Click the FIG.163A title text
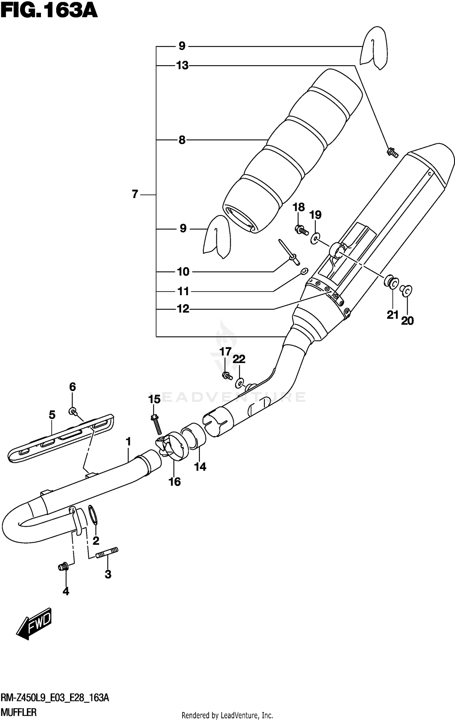tap(49, 12)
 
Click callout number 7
tap(135, 194)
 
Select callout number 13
tap(182, 66)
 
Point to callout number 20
tap(407, 321)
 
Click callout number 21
tap(393, 315)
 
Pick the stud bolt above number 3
tap(107, 556)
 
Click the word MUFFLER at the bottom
tap(19, 712)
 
